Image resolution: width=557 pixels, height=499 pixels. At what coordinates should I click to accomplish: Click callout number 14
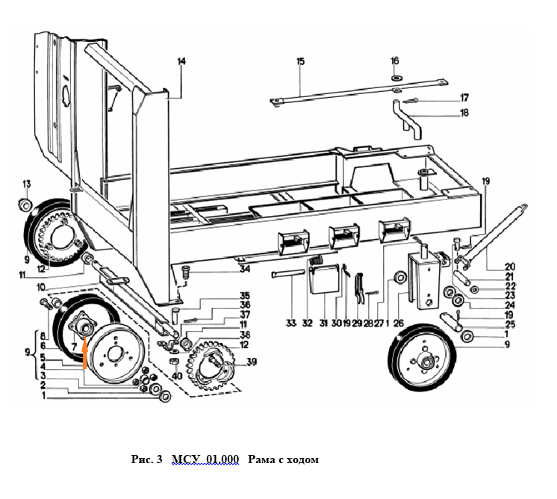coord(180,62)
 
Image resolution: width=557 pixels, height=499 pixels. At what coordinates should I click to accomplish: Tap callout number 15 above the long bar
coord(300,62)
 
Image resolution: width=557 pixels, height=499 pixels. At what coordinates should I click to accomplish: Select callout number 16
coord(396,61)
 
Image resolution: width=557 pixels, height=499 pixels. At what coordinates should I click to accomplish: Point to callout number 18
coord(464,113)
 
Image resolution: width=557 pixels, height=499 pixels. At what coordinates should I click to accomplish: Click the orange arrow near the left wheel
coord(86,353)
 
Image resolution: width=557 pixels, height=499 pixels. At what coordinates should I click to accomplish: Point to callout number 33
coord(290,323)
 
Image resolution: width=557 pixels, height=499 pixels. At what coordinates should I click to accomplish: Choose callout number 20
coord(489,267)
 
